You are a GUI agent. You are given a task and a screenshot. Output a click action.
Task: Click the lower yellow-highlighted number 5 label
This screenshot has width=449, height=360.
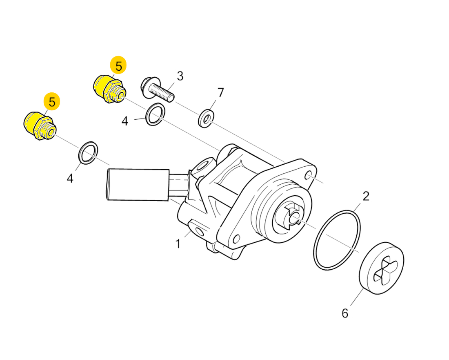click(x=52, y=101)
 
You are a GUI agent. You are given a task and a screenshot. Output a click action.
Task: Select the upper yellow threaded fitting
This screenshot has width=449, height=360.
click(x=110, y=89)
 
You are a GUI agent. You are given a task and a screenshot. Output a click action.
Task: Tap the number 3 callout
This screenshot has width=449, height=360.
click(x=180, y=76)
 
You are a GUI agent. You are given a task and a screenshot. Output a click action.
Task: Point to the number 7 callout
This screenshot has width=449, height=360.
click(x=220, y=93)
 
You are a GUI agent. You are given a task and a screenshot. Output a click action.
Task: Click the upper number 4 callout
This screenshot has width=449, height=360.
click(x=124, y=121)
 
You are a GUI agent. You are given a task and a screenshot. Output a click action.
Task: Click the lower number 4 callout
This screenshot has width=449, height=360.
click(x=70, y=178)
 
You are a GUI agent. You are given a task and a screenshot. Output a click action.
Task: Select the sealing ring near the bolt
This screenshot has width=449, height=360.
click(x=156, y=114)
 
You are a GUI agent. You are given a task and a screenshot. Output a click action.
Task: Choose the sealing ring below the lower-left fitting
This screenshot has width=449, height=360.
click(x=88, y=153)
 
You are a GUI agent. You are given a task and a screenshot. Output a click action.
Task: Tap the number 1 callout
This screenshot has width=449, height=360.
click(x=178, y=244)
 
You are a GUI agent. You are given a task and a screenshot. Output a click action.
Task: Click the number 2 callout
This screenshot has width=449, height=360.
click(x=366, y=196)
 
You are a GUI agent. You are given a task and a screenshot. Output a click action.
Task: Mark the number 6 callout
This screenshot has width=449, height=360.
click(x=345, y=313)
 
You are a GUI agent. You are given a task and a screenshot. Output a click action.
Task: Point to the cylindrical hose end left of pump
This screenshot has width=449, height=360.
click(x=138, y=185)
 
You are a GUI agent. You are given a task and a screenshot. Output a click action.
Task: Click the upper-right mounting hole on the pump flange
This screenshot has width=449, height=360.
click(x=309, y=175)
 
